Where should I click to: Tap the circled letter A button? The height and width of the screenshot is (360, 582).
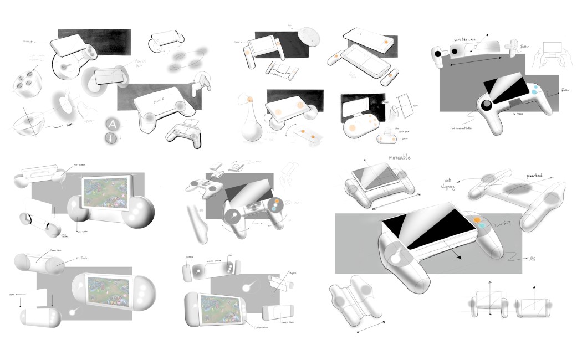[x=113, y=124]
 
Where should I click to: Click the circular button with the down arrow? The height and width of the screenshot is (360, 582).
[x=113, y=138]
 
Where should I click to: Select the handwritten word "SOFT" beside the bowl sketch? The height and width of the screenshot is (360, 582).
[x=69, y=126]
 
